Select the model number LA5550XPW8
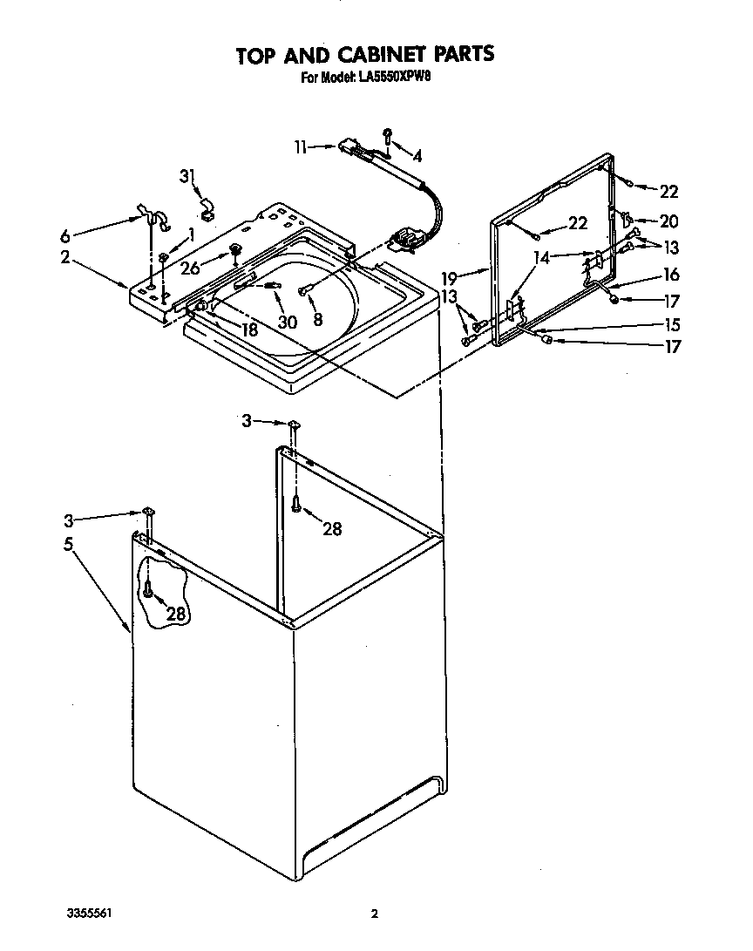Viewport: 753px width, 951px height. point(396,77)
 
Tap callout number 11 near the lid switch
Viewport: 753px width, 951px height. point(301,148)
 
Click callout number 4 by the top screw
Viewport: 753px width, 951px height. point(417,157)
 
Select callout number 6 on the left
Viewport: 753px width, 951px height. point(64,235)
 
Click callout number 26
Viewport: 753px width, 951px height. point(191,268)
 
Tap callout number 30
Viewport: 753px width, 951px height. point(287,322)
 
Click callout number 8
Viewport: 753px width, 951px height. point(317,319)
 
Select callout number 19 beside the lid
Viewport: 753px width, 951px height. point(449,279)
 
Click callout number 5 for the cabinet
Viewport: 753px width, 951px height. point(68,544)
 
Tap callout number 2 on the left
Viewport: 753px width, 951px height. point(64,257)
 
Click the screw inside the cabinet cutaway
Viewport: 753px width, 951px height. point(150,591)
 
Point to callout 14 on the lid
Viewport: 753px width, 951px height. point(543,257)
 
